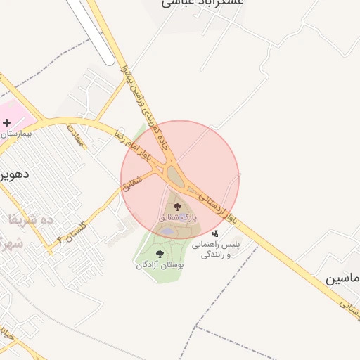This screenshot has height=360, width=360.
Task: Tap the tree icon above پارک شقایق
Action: coord(176,207)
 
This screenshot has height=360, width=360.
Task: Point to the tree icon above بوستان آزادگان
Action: coord(160,254)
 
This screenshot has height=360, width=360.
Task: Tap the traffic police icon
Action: coord(215,233)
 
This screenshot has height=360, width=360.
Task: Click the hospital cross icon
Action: coord(7,122)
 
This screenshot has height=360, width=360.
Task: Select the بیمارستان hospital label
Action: coord(15,133)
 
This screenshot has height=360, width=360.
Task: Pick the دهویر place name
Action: coord(15,173)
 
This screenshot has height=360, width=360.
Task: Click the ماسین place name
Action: coord(342,278)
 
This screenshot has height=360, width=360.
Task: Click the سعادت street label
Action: coord(75,136)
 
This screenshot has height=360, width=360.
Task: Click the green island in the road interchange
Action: coord(172,172)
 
